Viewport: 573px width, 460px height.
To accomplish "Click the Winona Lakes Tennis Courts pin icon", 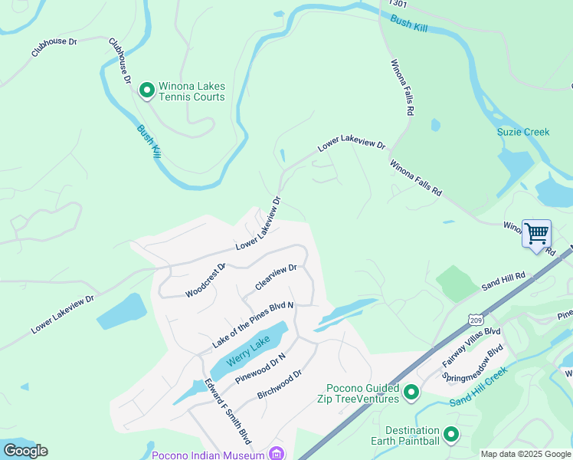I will coord(146,91).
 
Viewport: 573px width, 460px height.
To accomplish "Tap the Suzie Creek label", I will coord(523,132).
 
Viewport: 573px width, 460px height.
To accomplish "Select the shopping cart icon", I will coord(536,232).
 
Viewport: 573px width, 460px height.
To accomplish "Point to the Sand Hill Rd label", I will coord(503,281).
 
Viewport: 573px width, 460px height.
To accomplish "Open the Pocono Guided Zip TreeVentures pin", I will coord(411,393).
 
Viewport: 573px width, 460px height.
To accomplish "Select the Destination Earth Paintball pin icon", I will coord(451,435).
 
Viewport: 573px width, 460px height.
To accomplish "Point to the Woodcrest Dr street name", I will coord(205,281).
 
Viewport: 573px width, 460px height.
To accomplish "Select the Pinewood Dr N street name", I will coord(260,367).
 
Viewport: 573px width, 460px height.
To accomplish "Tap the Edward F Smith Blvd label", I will coord(228,411).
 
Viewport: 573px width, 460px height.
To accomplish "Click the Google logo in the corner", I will coord(25,451).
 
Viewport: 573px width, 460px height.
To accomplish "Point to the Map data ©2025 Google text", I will coord(526,454).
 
